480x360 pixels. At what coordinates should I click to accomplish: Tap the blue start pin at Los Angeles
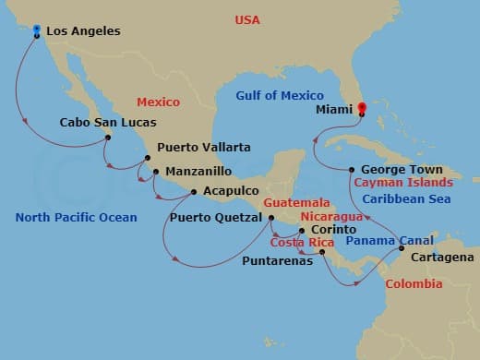click(x=36, y=31)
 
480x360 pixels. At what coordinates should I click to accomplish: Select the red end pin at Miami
click(x=361, y=109)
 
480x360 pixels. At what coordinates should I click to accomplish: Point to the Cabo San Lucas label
click(x=108, y=122)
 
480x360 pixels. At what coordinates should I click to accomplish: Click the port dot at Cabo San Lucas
click(x=109, y=138)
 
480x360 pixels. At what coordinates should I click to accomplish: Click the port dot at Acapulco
click(x=193, y=192)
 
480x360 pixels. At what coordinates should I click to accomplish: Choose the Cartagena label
click(x=442, y=257)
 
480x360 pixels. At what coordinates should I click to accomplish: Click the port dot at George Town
click(x=352, y=170)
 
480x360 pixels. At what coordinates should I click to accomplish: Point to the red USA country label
click(x=247, y=19)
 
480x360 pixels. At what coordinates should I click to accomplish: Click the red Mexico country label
click(x=158, y=102)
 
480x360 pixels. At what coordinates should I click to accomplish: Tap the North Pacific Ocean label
click(x=77, y=218)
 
